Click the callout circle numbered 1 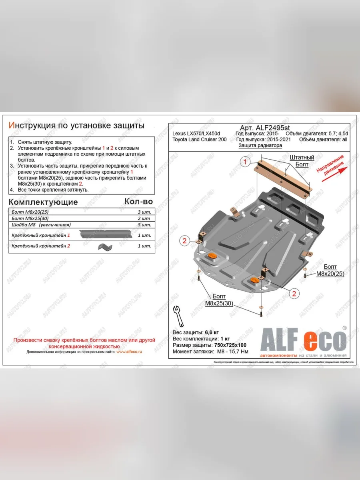click(x=245, y=162)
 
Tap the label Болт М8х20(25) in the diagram click(x=330, y=270)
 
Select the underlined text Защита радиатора click(x=260, y=146)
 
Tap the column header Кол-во click(x=138, y=202)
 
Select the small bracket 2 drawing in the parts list click(x=105, y=247)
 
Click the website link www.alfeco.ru click(x=129, y=352)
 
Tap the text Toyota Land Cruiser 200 click(x=199, y=140)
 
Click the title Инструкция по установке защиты click(x=76, y=126)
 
